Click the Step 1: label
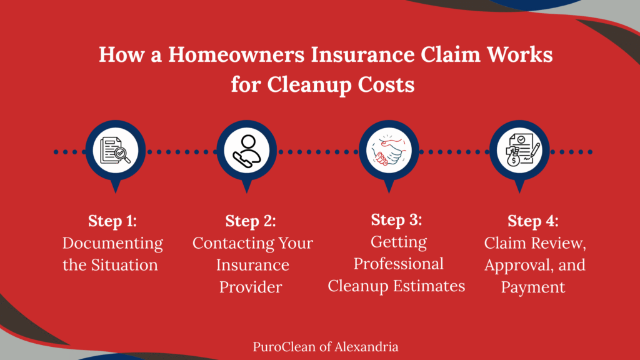[112, 221]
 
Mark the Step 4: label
[533, 221]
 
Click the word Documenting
[112, 243]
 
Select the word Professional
[399, 263]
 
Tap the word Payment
[533, 287]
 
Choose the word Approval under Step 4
[518, 265]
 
